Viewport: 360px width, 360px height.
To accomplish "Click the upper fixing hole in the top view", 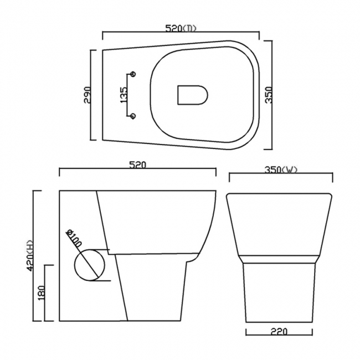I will pyautogui.click(x=133, y=73).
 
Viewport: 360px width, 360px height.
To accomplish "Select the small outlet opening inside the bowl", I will pyautogui.click(x=192, y=95).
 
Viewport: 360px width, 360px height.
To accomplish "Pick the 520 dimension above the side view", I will pyautogui.click(x=137, y=164).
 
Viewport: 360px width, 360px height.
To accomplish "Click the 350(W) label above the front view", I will pyautogui.click(x=281, y=170).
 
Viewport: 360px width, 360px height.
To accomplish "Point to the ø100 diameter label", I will pyautogui.click(x=73, y=239).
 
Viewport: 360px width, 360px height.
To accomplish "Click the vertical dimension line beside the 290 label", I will pyautogui.click(x=92, y=95).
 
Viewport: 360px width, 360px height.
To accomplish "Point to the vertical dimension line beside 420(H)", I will pyautogui.click(x=35, y=256).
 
